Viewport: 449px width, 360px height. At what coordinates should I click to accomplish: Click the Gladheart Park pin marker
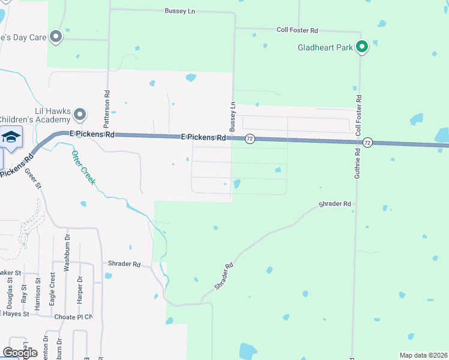pyautogui.click(x=362, y=46)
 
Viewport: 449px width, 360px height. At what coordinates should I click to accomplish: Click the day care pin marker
pyautogui.click(x=56, y=37)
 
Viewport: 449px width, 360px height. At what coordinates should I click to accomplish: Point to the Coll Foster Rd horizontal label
pyautogui.click(x=297, y=29)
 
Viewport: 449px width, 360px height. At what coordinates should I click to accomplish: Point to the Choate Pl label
pyautogui.click(x=70, y=317)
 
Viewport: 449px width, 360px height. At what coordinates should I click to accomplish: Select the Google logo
pyautogui.click(x=20, y=353)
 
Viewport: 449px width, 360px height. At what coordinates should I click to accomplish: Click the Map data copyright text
pyautogui.click(x=423, y=355)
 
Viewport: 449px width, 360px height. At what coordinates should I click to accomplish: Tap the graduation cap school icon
pyautogui.click(x=10, y=137)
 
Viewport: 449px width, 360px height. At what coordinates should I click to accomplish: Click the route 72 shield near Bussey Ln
pyautogui.click(x=250, y=139)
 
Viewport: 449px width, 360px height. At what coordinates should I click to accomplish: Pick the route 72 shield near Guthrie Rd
pyautogui.click(x=367, y=142)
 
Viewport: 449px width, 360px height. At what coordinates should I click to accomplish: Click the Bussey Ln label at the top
pyautogui.click(x=181, y=11)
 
